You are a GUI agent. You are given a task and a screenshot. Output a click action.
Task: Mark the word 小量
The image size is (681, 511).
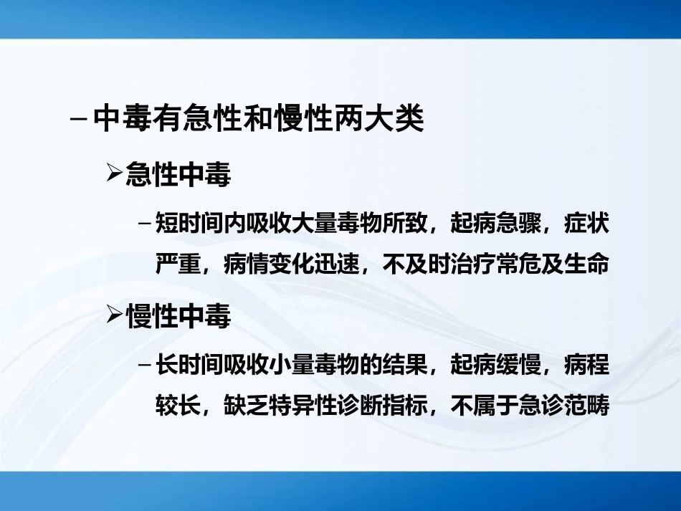click(291, 366)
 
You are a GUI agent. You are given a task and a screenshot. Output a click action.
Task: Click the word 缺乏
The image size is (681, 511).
click(246, 406)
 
